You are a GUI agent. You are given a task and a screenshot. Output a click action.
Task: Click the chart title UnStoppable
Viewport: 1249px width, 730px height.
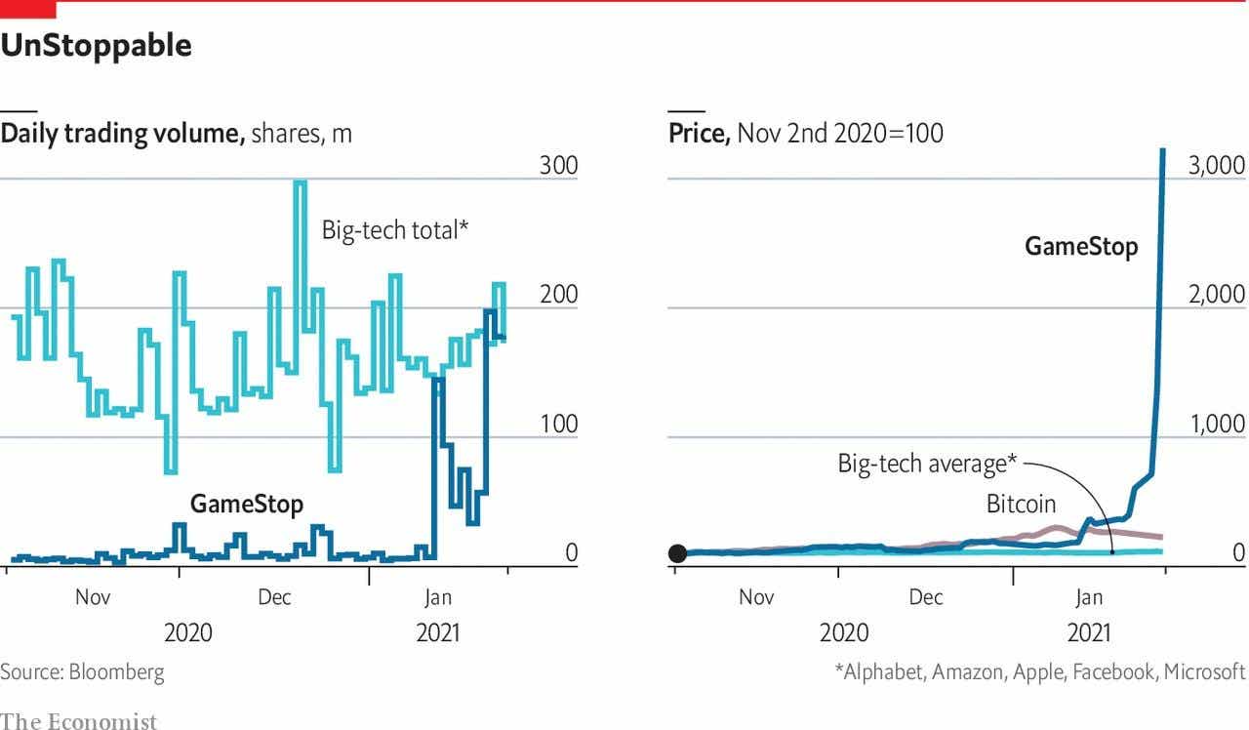pos(96,45)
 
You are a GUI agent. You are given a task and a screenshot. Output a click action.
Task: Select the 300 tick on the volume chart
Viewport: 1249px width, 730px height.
pos(559,166)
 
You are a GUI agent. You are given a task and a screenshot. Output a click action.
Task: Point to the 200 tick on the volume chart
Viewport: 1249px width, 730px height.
pos(559,295)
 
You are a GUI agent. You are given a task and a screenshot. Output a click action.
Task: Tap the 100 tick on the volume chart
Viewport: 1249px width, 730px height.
pos(559,424)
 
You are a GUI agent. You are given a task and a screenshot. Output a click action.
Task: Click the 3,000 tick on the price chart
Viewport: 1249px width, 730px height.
pos(1216,166)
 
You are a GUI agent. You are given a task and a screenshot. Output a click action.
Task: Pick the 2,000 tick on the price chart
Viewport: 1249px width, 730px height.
pos(1216,295)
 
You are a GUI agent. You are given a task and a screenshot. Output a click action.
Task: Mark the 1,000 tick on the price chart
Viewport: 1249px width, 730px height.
pos(1216,424)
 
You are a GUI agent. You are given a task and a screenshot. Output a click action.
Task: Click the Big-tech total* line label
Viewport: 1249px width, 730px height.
pos(395,231)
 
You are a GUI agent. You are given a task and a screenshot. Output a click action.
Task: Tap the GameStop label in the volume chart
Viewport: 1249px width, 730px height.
pos(246,504)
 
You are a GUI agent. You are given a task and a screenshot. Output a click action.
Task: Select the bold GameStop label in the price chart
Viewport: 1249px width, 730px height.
pos(1081,246)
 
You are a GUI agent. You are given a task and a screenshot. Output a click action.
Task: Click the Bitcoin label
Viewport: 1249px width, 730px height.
pos(1021,505)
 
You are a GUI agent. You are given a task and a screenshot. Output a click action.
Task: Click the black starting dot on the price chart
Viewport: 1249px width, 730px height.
pos(678,553)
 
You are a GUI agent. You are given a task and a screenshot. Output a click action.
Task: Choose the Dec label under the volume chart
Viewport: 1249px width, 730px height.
pos(274,596)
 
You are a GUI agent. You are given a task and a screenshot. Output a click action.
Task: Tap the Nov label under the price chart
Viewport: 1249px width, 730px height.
pos(756,596)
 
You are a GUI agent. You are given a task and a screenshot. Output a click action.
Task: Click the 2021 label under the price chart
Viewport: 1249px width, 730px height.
pos(1089,632)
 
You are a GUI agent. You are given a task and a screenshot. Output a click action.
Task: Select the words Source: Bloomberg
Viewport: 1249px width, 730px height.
pos(82,671)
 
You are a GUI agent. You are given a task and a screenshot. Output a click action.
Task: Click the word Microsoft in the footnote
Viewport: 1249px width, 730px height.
pos(1204,671)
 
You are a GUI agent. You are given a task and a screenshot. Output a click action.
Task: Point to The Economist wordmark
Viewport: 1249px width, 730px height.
pos(78,721)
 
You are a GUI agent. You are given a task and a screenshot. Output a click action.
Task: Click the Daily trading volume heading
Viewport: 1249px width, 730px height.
pos(122,134)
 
